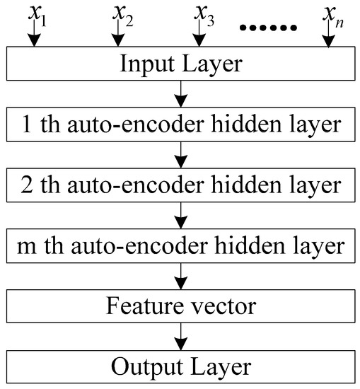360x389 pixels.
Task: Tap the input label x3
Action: click(204, 14)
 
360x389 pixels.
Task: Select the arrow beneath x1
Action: click(31, 40)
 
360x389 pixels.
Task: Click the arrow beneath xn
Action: click(327, 40)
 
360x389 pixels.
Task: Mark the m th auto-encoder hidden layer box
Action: click(180, 246)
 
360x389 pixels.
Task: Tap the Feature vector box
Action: click(180, 307)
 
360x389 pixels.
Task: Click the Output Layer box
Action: click(180, 367)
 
